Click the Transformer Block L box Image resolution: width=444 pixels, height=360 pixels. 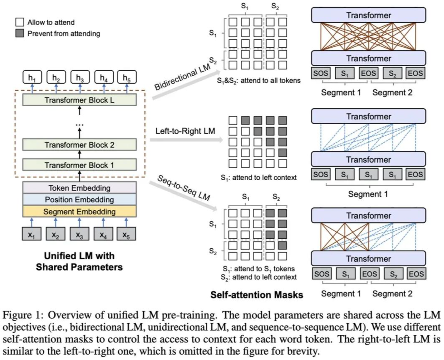[x=79, y=100]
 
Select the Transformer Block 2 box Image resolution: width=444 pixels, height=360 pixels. [x=79, y=145]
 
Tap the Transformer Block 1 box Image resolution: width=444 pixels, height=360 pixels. [x=79, y=165]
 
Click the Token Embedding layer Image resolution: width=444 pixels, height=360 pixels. [x=79, y=188]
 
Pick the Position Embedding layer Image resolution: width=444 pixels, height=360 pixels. [x=79, y=200]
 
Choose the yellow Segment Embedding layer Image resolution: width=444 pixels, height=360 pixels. [x=79, y=212]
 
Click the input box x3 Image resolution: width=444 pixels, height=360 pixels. [x=79, y=234]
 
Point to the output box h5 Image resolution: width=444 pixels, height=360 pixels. [x=127, y=77]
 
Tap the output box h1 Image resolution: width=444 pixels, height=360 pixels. [x=32, y=77]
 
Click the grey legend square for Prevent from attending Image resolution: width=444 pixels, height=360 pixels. [x=20, y=34]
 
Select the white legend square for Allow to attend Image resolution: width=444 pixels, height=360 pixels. [x=20, y=22]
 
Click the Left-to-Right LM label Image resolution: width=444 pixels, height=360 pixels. [x=185, y=131]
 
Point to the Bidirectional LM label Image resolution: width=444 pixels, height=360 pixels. [x=183, y=77]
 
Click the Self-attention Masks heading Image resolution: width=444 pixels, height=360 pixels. [x=257, y=295]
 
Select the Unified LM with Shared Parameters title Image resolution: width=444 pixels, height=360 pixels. [x=79, y=261]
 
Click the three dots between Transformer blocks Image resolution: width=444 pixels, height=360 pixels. [x=79, y=124]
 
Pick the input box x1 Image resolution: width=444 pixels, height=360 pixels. [x=32, y=234]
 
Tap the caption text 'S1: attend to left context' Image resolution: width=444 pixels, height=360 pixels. [x=258, y=178]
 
